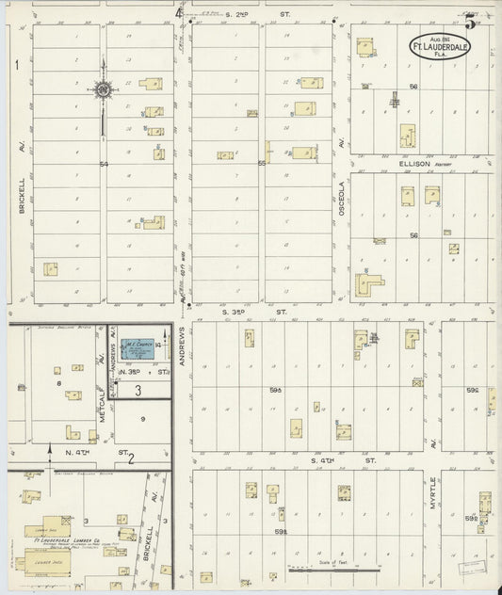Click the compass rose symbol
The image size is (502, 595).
point(103,90)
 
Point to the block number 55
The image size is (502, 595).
point(262,164)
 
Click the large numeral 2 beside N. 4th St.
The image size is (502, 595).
point(131,458)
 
